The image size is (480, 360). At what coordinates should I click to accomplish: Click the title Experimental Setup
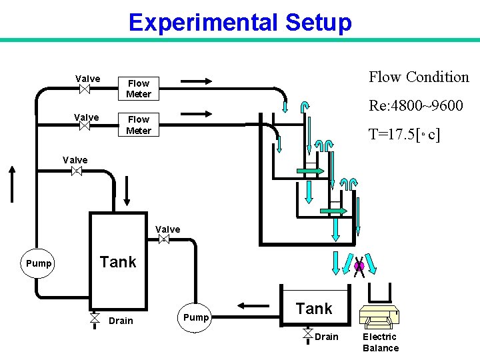click(239, 23)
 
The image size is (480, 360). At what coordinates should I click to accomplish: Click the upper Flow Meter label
click(139, 89)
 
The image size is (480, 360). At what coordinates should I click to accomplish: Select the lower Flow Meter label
click(139, 125)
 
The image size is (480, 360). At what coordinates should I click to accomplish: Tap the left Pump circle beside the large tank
click(39, 263)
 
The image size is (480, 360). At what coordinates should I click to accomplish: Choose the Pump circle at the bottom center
click(195, 317)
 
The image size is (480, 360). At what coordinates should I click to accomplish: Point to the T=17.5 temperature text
click(405, 135)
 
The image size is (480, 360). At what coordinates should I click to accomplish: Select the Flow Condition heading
click(419, 77)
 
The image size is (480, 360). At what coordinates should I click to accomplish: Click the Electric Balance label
click(381, 342)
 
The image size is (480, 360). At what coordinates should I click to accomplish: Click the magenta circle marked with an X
click(359, 266)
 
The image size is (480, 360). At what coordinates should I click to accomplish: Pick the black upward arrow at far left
click(11, 183)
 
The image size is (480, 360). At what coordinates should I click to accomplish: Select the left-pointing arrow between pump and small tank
click(252, 306)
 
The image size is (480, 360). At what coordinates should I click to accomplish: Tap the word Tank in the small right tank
click(314, 309)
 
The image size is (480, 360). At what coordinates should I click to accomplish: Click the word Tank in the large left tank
click(118, 262)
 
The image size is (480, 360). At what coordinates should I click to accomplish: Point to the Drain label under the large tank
click(121, 321)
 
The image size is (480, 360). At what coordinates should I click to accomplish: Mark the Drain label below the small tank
click(327, 337)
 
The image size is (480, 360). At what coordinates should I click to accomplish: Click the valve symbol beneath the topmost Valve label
click(85, 89)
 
